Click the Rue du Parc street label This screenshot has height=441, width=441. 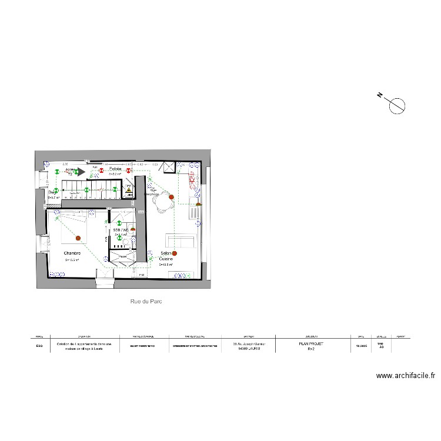(x=146, y=301)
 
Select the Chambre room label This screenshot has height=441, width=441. (x=72, y=253)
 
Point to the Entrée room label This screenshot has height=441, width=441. (x=115, y=168)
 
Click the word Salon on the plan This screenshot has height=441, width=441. (x=165, y=253)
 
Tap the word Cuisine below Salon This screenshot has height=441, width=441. (x=166, y=259)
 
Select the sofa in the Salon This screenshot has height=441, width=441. (x=179, y=241)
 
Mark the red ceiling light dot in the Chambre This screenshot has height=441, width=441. (x=78, y=238)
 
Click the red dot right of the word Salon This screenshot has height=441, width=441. (x=175, y=253)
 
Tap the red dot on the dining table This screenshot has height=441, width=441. (x=171, y=198)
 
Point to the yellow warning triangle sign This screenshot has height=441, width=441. (x=128, y=189)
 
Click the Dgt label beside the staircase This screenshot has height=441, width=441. (x=51, y=192)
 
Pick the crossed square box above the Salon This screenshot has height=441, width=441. (x=169, y=167)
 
